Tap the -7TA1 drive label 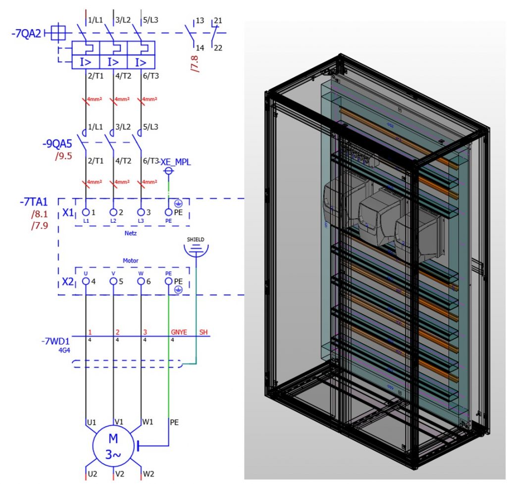(x=33, y=203)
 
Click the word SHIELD (x=196, y=240)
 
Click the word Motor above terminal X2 (x=131, y=260)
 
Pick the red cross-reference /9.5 (x=63, y=157)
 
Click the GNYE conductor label (x=179, y=332)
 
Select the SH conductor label (x=203, y=332)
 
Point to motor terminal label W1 (x=148, y=422)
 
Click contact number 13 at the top (x=200, y=21)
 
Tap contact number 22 (x=217, y=48)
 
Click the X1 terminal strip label (x=68, y=212)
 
